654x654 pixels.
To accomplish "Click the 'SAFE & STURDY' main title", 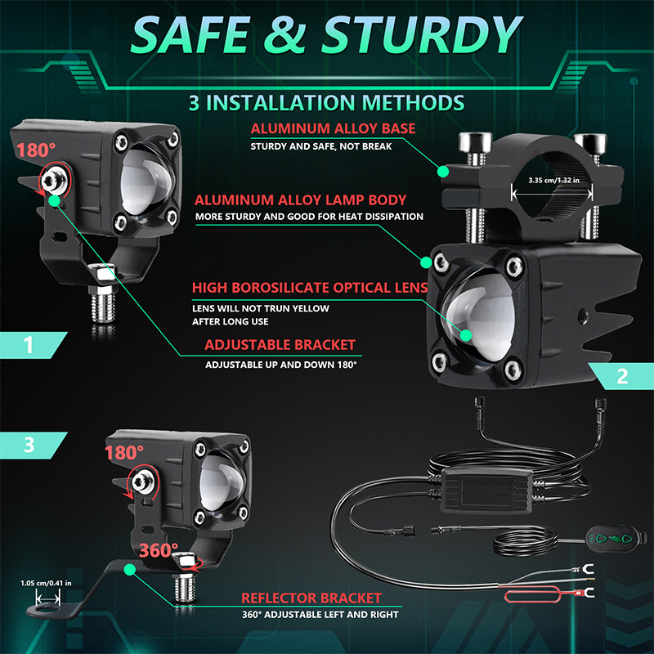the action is [326, 34].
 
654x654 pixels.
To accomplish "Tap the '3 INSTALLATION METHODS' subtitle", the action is [326, 103].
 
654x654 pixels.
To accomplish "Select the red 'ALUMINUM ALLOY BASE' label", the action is [333, 128].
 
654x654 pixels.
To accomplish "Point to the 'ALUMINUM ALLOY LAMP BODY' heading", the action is [300, 200].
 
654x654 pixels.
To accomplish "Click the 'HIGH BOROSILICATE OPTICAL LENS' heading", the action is [310, 288].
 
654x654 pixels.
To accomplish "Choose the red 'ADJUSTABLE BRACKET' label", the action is [280, 345].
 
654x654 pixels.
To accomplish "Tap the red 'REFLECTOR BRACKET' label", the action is [311, 598].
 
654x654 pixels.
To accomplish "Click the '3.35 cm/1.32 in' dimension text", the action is [553, 180].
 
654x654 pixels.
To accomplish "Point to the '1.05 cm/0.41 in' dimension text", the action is [46, 583].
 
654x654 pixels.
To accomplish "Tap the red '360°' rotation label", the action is [158, 550].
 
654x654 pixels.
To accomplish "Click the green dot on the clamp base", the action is [443, 172].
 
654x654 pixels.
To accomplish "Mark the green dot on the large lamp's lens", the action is [465, 335].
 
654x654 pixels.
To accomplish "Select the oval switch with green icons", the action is [616, 538].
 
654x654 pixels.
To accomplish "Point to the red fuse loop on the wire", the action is [533, 595].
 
